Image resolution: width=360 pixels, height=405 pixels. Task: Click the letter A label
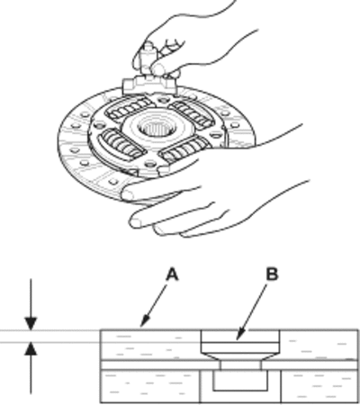[x=173, y=274]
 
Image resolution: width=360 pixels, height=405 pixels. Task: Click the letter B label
[x=272, y=274]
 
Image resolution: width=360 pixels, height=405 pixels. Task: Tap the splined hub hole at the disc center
[x=156, y=129]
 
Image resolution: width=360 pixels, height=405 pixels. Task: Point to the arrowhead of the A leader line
[x=143, y=323]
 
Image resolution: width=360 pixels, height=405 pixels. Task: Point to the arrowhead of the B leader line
[x=239, y=336]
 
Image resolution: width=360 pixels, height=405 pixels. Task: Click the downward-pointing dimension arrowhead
[x=31, y=324]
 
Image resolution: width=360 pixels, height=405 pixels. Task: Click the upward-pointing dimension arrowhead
[x=31, y=349]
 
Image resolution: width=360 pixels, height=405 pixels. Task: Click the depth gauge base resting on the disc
[x=148, y=85]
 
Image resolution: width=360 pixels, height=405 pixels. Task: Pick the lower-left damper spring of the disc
[x=121, y=145]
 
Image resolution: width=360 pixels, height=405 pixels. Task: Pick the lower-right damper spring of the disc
[x=183, y=149]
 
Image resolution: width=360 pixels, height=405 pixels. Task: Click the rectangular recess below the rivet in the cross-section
[x=240, y=380]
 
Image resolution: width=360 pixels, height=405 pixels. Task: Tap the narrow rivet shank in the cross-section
[x=240, y=365]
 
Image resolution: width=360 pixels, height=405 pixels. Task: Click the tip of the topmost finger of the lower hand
[x=128, y=194]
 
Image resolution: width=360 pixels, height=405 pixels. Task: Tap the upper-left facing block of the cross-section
[x=150, y=345]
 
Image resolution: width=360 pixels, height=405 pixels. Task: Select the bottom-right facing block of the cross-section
[x=319, y=386]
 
